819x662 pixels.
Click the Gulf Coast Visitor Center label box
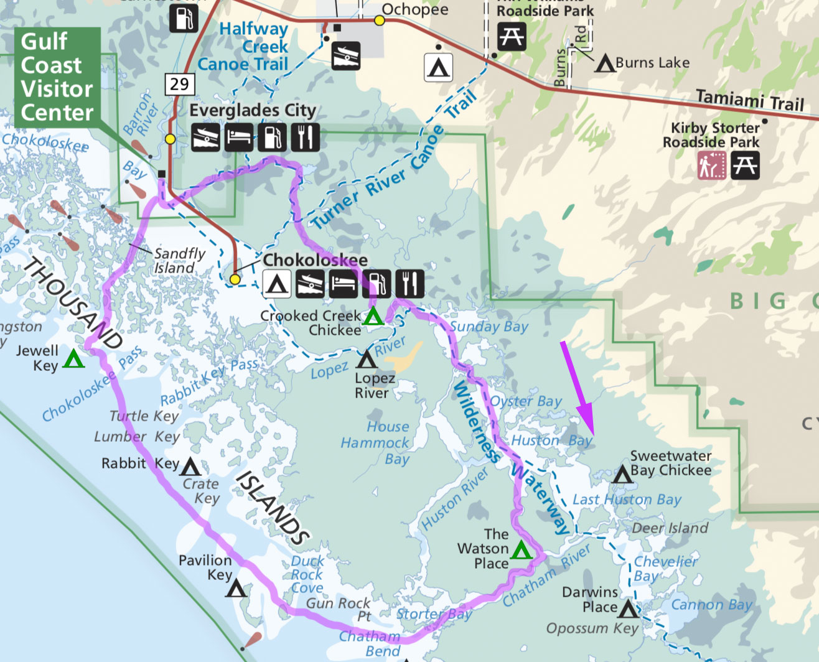point(57,77)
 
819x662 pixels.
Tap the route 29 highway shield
point(180,84)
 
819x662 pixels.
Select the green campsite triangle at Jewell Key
point(73,359)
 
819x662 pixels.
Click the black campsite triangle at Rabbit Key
point(190,467)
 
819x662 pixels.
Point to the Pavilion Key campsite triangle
point(236,588)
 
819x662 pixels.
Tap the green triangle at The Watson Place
point(521,550)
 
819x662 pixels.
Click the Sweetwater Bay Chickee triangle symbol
point(622,475)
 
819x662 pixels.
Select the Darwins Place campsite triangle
point(628,609)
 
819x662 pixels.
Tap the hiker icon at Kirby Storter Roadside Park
point(711,165)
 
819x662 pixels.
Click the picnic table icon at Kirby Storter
point(745,165)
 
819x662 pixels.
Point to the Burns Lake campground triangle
point(604,64)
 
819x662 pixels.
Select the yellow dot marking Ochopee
point(379,21)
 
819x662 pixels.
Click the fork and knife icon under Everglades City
point(305,138)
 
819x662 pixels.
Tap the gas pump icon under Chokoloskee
point(377,284)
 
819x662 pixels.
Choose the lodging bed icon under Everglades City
point(238,138)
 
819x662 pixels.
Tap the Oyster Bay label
point(526,401)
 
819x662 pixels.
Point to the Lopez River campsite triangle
point(367,360)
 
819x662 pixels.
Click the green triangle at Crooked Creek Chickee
point(373,317)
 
